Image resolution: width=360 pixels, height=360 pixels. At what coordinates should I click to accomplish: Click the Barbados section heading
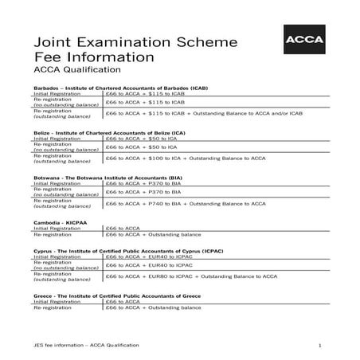(121, 87)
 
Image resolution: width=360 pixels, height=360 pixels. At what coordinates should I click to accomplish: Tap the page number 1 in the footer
(319, 345)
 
